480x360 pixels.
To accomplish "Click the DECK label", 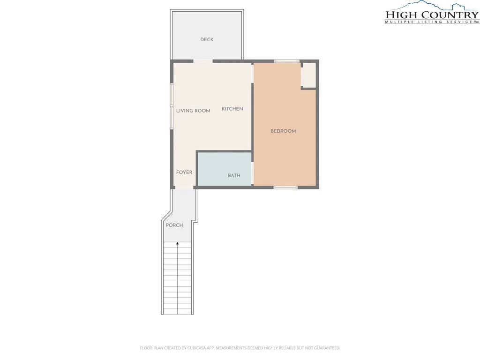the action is pos(207,39).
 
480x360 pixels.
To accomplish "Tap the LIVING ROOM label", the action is pos(193,111).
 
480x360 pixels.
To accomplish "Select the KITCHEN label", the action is pos(232,109).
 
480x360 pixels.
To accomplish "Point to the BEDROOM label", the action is pos(283,131).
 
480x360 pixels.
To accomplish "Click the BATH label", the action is pos(234,176).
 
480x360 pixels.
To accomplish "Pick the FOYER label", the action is pos(184,172).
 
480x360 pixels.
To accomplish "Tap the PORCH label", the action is pos(174,225).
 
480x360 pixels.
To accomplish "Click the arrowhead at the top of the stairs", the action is pos(178,243).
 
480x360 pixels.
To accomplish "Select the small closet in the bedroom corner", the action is pos(308,75).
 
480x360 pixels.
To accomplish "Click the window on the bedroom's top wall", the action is pos(287,61).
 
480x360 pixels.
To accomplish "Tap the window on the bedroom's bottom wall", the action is pos(285,187).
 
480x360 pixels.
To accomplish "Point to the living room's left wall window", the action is pos(172,106).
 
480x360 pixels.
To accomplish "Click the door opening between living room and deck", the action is pos(203,61).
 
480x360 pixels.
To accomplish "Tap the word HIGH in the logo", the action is pos(401,15).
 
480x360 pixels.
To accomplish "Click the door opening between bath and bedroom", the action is pos(253,173).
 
